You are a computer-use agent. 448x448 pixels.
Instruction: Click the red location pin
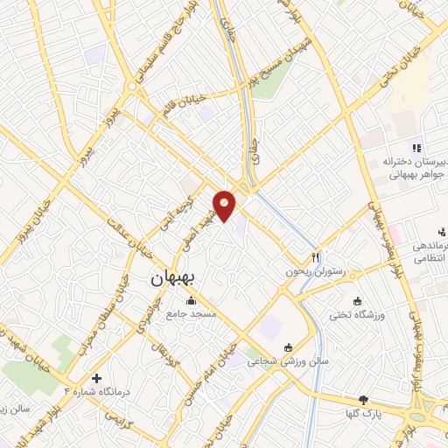(x=225, y=205)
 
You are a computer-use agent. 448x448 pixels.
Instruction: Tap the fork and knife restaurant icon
(x=316, y=258)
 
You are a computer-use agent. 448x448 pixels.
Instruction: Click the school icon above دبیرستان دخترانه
(x=417, y=147)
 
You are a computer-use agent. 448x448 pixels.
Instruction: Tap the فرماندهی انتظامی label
(x=419, y=250)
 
